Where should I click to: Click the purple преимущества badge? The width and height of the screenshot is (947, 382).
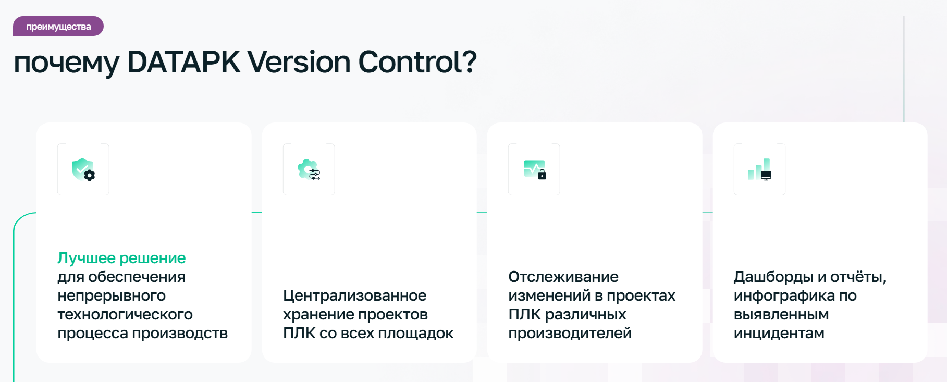pos(58,26)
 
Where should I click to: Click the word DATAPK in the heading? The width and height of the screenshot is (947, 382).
pos(183,62)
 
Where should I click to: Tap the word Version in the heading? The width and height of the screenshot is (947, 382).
pos(299,62)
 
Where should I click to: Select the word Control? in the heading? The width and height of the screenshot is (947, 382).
pos(417,62)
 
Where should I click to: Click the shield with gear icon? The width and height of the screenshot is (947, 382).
pos(83,169)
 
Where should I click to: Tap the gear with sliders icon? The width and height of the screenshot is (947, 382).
pos(309,170)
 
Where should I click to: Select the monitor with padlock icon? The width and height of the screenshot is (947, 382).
pos(535,169)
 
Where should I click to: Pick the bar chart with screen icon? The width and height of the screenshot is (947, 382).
pos(759,169)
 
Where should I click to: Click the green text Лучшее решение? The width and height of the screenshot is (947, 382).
pos(121,258)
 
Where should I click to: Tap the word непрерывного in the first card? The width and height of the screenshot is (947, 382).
pos(112,295)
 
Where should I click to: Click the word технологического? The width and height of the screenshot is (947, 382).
pos(125,314)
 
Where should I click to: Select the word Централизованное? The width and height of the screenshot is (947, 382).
pos(355,295)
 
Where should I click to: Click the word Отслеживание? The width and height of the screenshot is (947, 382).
pos(563,277)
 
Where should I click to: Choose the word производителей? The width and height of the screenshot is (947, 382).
pos(570,333)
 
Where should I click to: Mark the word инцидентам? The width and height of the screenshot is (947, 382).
pos(779,333)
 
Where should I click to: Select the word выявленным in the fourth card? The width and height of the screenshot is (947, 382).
pos(781,314)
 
